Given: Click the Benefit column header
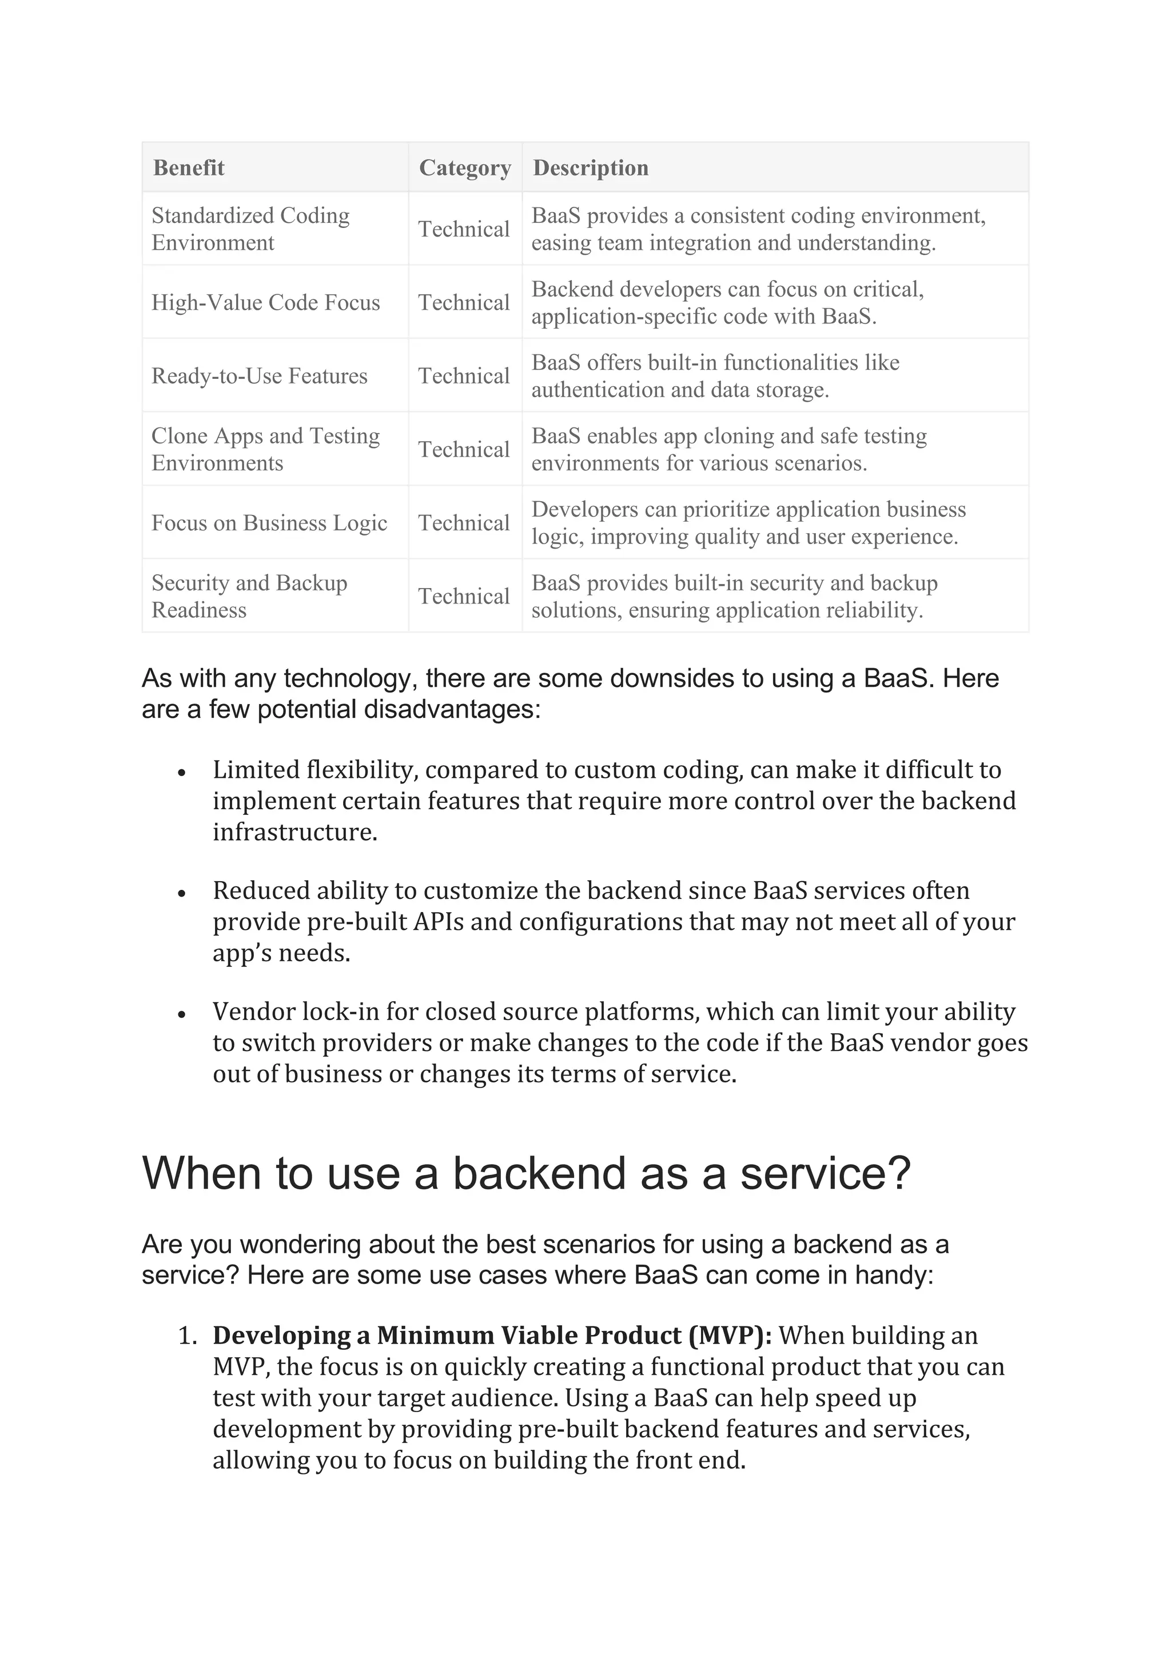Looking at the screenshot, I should coord(188,168).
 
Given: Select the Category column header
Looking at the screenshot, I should coord(465,168).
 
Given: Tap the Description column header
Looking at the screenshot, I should coord(591,168).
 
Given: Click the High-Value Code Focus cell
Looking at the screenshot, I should coord(265,303).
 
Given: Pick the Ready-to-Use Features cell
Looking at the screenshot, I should coord(259,376).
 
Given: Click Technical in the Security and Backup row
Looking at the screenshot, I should coord(464,597).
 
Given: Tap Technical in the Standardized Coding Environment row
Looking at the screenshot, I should coord(464,229).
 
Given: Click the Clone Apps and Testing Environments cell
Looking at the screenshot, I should coord(265,450).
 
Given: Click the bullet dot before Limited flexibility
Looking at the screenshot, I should coord(182,772).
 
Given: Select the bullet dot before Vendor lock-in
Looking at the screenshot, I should coord(182,1013).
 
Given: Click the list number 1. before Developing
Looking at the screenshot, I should coord(188,1336).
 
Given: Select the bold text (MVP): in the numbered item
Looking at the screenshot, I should coord(730,1336).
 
